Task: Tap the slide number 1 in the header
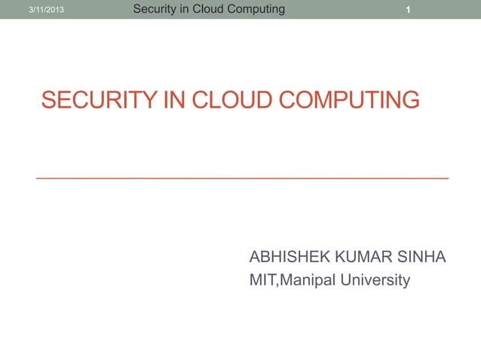coord(407,10)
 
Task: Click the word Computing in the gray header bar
coord(258,9)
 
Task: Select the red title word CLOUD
coord(227,100)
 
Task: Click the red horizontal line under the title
coord(242,178)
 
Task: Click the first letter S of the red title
coord(48,100)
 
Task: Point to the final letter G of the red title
coord(410,100)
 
